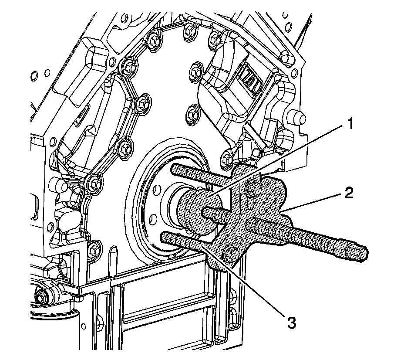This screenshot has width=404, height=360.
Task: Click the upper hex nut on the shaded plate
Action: click(252, 189)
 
